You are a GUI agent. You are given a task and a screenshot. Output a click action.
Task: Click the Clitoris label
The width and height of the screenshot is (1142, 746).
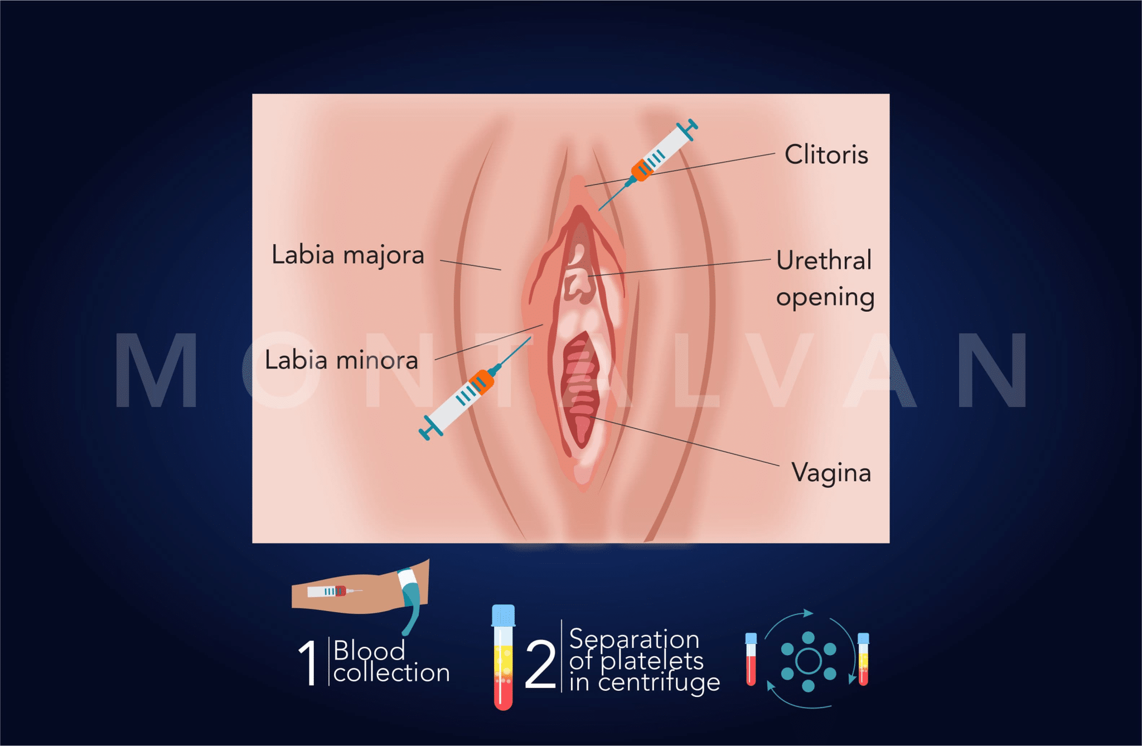[826, 154]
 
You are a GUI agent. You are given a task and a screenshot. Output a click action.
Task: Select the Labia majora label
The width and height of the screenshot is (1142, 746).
[347, 255]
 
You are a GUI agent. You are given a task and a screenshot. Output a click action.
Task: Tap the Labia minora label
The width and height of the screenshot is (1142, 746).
[341, 360]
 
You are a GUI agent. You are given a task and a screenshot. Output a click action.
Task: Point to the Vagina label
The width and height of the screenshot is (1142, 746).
[831, 473]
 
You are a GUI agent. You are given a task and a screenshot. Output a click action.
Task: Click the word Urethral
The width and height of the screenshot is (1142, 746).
[824, 260]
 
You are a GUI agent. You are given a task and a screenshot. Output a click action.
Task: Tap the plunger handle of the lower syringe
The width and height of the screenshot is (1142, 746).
[430, 428]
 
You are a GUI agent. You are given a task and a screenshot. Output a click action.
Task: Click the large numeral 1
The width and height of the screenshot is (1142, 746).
[308, 663]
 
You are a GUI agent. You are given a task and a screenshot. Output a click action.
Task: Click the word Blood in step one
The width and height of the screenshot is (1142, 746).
[369, 651]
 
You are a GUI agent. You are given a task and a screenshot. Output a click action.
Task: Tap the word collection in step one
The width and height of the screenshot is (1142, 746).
[391, 673]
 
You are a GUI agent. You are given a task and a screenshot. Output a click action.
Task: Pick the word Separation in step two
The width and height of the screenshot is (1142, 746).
[634, 639]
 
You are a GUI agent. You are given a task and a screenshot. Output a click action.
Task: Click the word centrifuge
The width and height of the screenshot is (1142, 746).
[659, 682]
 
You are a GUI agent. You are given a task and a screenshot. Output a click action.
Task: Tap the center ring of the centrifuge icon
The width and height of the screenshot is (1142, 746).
[809, 662]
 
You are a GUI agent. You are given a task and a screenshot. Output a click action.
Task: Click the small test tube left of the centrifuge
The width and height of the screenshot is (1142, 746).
[751, 659]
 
